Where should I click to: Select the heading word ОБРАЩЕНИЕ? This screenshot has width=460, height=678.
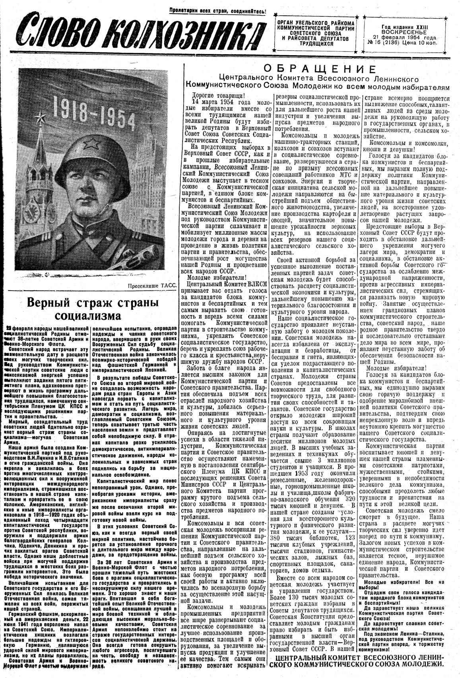(319, 68)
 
